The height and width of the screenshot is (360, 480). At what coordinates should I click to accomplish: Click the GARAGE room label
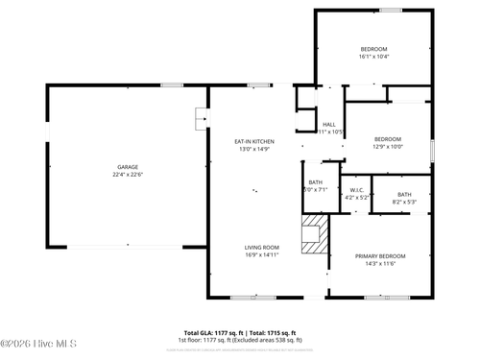127,166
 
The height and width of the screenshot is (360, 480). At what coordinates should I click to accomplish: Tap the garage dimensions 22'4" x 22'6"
127,175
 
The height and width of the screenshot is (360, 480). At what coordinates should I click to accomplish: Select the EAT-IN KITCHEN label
254,141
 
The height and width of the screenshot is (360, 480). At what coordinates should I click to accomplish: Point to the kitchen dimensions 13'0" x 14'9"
254,149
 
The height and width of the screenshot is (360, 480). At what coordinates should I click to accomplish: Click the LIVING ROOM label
261,247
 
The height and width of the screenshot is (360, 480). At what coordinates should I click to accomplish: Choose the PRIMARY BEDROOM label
380,255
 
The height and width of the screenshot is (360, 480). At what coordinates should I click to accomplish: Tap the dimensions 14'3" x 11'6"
380,264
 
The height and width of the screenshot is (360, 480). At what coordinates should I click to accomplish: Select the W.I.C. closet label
356,189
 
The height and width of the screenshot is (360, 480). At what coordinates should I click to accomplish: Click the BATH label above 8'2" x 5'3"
404,194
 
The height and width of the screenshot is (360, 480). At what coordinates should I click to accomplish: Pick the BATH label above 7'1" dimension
316,181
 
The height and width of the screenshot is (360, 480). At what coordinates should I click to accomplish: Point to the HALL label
329,124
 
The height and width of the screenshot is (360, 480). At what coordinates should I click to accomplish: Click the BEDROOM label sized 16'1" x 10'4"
373,49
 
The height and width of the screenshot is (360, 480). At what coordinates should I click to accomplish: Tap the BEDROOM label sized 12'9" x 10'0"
388,138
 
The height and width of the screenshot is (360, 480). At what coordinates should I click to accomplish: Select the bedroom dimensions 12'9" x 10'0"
388,147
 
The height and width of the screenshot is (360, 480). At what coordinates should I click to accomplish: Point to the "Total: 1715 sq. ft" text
275,331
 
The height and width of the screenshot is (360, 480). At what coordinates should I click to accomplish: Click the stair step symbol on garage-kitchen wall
201,118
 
